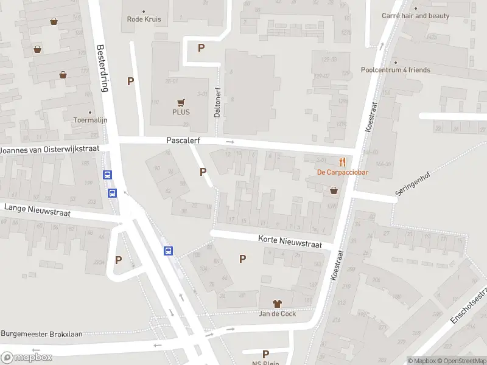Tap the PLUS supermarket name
(180, 112)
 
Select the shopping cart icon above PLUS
(180, 102)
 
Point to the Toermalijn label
(90, 120)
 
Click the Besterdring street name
(102, 68)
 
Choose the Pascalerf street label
(183, 141)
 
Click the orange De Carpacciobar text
(343, 172)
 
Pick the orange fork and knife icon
(343, 162)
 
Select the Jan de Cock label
(278, 313)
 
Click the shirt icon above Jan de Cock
(278, 303)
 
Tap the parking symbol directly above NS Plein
(265, 353)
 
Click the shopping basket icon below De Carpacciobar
(334, 190)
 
